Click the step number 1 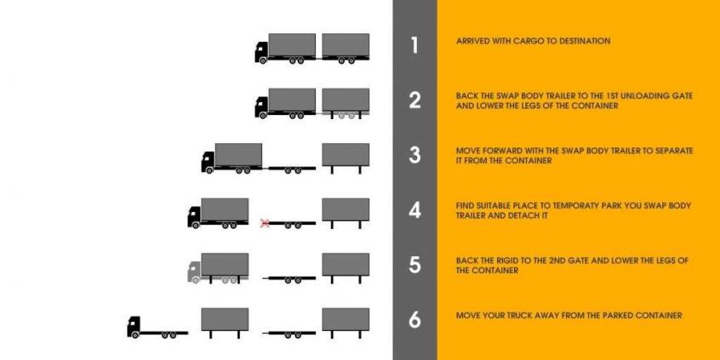click(414, 45)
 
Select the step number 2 click(414, 100)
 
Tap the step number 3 click(414, 155)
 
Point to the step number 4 click(414, 210)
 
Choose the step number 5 click(414, 265)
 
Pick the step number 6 click(414, 320)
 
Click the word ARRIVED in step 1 click(472, 41)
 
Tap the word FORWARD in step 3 click(501, 151)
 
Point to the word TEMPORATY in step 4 click(569, 206)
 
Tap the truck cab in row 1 click(261, 52)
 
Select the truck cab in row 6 click(133, 327)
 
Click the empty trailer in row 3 click(292, 169)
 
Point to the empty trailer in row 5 click(292, 278)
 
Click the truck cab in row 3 click(208, 162)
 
